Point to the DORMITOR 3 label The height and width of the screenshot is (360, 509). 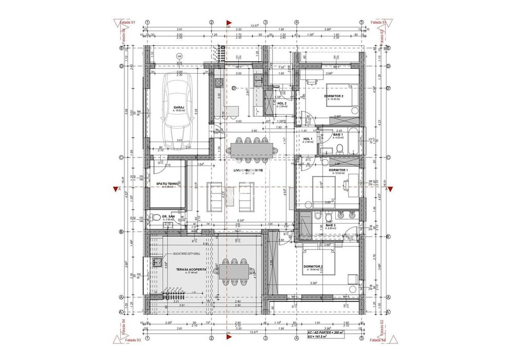click(x=313, y=266)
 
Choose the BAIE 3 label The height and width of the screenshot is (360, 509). click(x=331, y=225)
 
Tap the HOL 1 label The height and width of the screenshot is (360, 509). click(x=308, y=139)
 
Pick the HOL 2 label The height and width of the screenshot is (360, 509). click(x=282, y=103)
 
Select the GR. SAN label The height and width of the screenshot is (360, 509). click(x=168, y=216)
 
